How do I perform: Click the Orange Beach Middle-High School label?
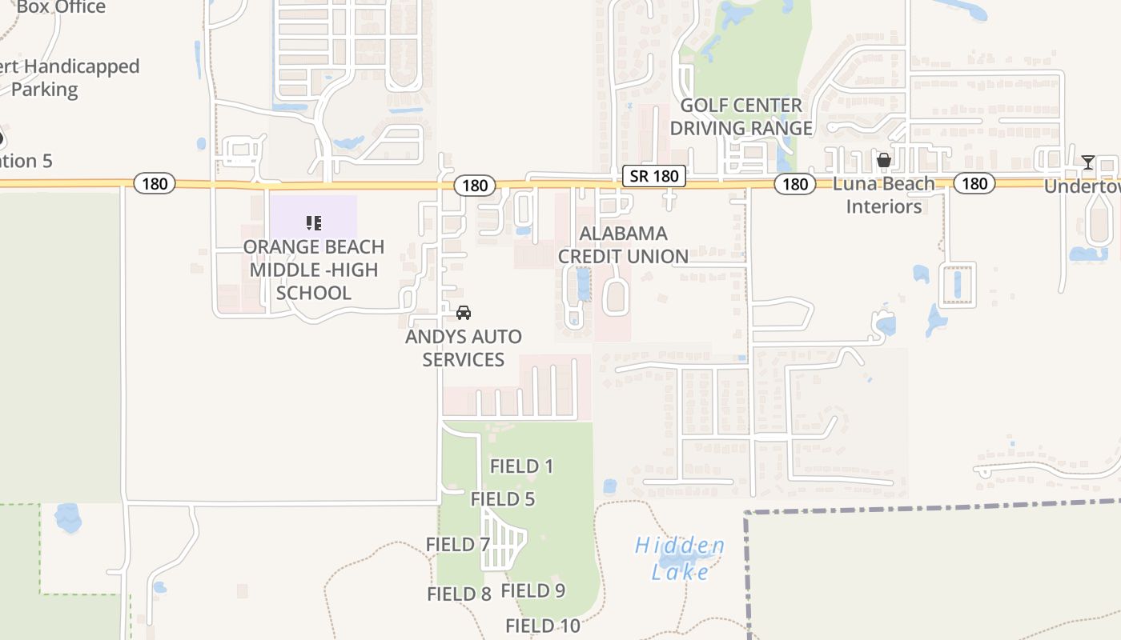click(x=313, y=270)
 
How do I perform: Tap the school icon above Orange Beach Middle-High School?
click(x=314, y=222)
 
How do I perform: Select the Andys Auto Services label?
click(x=463, y=348)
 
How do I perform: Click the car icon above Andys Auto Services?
click(x=464, y=313)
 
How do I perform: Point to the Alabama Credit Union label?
click(x=623, y=245)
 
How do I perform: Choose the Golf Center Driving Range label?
click(x=741, y=117)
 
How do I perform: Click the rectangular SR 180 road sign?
click(x=654, y=176)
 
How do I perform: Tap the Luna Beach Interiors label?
click(x=883, y=195)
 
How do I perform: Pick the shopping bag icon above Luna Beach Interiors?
click(x=883, y=161)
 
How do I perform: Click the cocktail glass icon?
click(x=1087, y=162)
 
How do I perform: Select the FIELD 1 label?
click(x=521, y=466)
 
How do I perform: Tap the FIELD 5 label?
click(x=502, y=499)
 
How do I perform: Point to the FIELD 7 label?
click(x=457, y=545)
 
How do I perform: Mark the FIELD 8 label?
click(x=459, y=594)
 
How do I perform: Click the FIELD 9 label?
click(x=532, y=590)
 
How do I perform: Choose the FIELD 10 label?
click(x=542, y=626)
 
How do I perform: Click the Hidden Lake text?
click(x=680, y=558)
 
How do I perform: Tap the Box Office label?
click(x=61, y=8)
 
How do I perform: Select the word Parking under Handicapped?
click(x=45, y=89)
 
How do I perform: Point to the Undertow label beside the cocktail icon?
click(x=1082, y=186)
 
